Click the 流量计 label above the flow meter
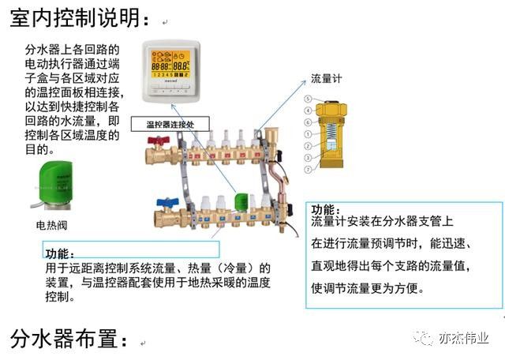326,79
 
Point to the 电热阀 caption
52,225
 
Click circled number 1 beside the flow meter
309,134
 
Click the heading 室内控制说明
78,17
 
